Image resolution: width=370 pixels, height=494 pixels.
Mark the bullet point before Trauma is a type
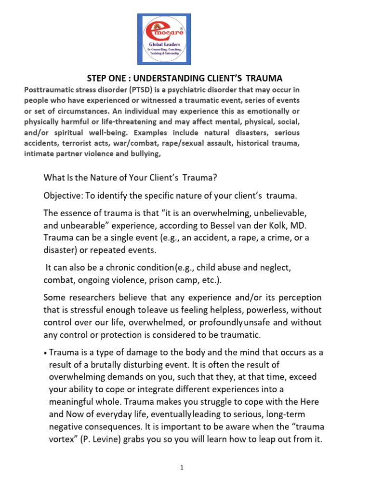pos(45,353)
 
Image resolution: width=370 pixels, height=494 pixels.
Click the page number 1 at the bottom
pos(183,468)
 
